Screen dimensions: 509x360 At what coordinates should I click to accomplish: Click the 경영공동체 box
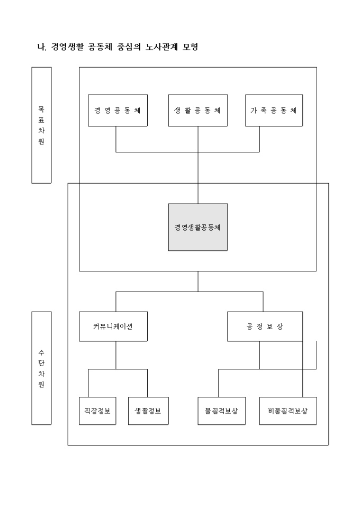click(116, 111)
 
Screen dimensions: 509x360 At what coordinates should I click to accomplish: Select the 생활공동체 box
click(198, 111)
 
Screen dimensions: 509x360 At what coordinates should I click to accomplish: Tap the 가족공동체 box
click(274, 111)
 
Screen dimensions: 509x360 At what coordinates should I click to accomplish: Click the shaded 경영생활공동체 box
click(198, 227)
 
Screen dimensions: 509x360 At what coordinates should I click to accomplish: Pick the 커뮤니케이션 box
click(112, 326)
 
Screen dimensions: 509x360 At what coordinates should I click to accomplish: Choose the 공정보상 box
click(265, 326)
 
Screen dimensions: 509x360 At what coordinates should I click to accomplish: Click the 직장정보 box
click(97, 411)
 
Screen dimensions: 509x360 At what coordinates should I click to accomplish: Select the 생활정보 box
click(148, 411)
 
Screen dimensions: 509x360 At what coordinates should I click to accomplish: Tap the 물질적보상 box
click(222, 411)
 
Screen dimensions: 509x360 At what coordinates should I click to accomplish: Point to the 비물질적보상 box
click(288, 411)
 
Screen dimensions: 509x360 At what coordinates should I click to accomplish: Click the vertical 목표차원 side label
click(41, 125)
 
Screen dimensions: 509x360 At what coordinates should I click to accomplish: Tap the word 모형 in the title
click(189, 47)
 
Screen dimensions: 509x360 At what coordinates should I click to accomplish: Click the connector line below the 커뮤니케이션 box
click(116, 355)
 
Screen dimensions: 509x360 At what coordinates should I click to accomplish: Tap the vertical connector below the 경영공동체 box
click(116, 139)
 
